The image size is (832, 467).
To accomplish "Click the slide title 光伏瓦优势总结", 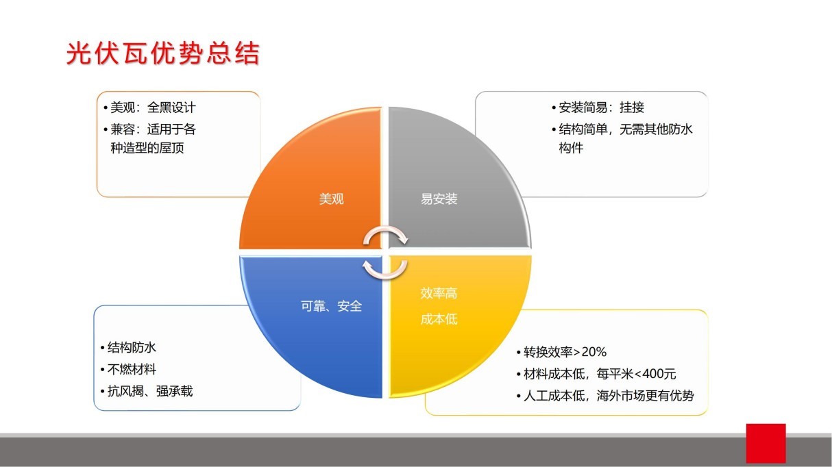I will tap(163, 53).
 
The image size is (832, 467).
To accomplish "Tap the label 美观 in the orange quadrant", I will tap(332, 199).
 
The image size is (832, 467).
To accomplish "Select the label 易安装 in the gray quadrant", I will tap(439, 199).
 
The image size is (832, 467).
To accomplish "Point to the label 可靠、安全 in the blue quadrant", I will tap(331, 306).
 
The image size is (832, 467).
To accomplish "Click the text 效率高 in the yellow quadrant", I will tap(439, 294).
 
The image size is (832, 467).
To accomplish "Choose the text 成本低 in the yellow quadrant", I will tap(439, 319).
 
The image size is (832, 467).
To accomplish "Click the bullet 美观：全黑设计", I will tap(154, 108).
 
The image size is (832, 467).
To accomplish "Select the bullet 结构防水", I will tap(133, 348).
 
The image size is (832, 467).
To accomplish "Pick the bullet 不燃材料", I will tap(133, 370).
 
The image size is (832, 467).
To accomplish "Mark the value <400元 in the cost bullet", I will tap(654, 374).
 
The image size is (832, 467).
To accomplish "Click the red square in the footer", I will tap(766, 443).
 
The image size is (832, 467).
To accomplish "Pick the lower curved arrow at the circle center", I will tap(384, 268).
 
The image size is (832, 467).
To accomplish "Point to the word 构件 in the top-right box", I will tap(571, 148).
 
